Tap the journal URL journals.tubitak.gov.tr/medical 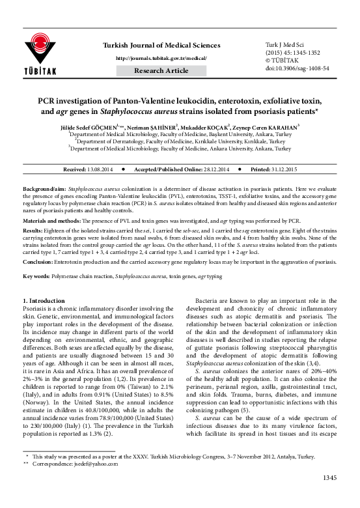pos(161,58)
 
